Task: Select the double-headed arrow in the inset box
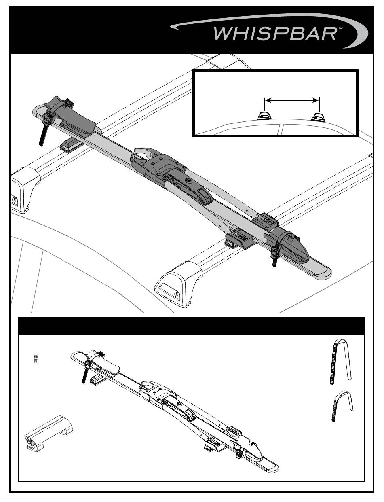click(291, 100)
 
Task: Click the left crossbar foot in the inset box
click(264, 116)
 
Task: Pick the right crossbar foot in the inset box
click(318, 116)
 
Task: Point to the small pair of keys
click(36, 358)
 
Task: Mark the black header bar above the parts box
click(192, 326)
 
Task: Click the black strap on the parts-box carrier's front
click(84, 378)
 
